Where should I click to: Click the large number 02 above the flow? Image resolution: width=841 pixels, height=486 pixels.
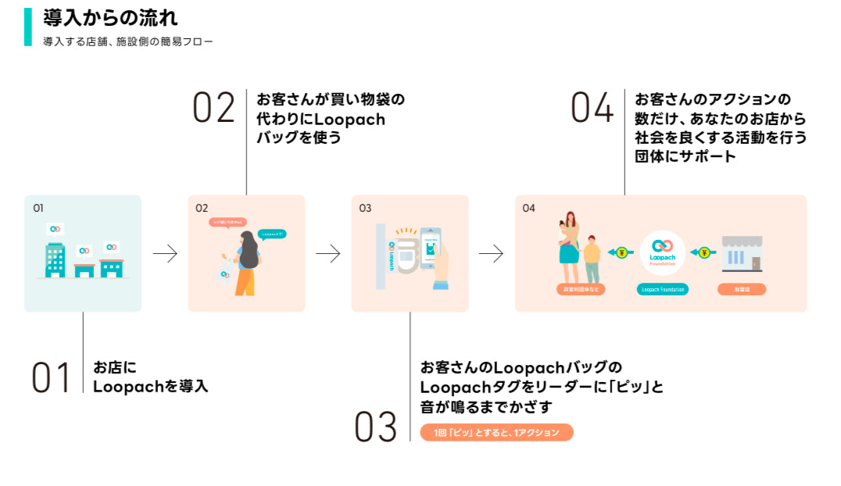[x=213, y=108]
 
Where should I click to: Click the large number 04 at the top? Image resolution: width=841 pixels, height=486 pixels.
[x=592, y=108]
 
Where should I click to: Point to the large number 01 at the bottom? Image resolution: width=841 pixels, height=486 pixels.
[x=52, y=377]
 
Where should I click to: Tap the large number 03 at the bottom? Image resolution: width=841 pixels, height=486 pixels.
[x=376, y=427]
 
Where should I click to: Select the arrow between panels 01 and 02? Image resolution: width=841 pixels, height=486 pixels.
[x=165, y=254]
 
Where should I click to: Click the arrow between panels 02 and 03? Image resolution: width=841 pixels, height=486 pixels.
[x=328, y=254]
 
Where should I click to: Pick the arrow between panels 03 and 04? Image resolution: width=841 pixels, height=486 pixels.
[x=492, y=254]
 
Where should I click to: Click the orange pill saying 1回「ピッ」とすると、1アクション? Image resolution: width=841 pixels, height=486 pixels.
[x=496, y=432]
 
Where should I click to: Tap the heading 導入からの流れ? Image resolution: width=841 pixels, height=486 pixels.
[x=110, y=16]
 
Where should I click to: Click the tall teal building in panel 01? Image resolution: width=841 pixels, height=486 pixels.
[x=55, y=259]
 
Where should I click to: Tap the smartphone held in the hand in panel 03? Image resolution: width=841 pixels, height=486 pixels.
[x=430, y=248]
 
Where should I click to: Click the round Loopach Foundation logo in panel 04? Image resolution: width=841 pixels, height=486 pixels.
[x=662, y=253]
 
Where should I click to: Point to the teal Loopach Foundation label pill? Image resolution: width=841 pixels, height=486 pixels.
[x=662, y=289]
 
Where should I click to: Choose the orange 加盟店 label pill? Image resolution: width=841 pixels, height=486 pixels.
[x=741, y=289]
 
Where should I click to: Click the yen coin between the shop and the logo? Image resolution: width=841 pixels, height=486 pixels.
[x=703, y=252]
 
